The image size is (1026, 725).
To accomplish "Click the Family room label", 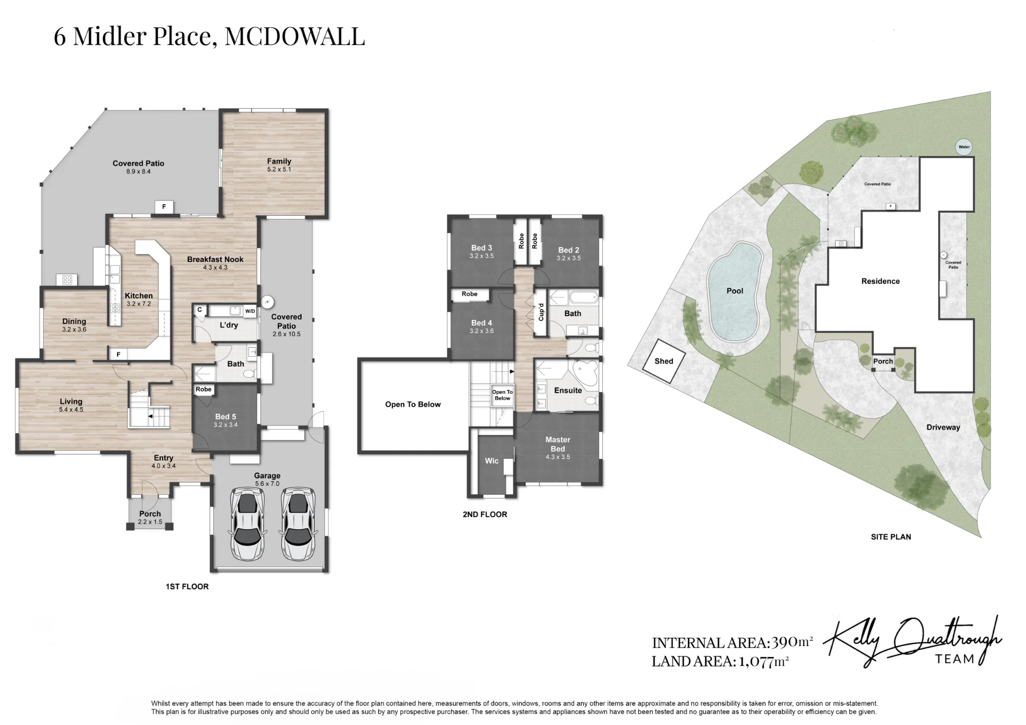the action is pos(279,161).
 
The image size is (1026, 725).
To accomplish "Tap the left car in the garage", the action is pos(246,524).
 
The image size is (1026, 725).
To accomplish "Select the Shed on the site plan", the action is pos(664,361).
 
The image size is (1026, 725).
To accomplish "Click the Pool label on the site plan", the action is pos(735,291).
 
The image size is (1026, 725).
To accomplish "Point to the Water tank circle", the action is pos(964,147).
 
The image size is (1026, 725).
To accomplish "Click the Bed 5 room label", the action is pos(226,417).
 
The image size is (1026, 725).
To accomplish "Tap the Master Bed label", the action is pos(558,444).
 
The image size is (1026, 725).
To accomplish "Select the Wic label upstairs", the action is pos(491,461).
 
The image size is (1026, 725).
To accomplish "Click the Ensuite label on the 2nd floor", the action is pos(568,390).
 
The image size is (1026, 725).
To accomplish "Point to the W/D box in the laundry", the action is pos(250,311).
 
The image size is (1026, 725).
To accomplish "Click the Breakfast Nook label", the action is pos(215,259).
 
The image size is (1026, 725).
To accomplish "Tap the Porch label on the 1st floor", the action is pos(150,514).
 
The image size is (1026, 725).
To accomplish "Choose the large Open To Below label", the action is pos(413,405).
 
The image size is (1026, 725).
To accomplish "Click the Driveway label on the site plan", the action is pos(943,427).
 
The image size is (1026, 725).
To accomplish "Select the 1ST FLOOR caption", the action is pos(187,587).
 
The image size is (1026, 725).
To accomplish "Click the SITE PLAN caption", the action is pos(891,537).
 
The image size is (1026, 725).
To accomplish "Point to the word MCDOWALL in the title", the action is pos(295,36).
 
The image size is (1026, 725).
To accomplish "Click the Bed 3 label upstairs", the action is pos(482,248).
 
